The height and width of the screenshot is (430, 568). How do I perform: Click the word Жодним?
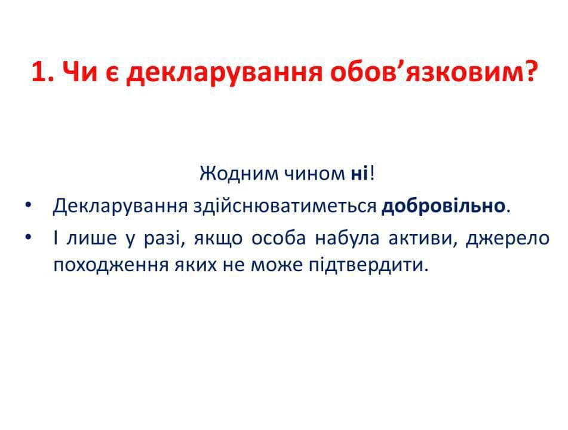(x=240, y=174)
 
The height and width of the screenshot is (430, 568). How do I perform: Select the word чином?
(x=314, y=174)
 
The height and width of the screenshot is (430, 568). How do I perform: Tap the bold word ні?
(x=359, y=174)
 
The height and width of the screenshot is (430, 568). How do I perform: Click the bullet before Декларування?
(x=28, y=205)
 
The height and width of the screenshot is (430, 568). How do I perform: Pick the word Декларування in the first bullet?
(x=120, y=206)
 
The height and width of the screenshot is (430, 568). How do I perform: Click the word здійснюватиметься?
(x=285, y=206)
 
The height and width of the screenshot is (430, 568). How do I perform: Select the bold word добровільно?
(x=443, y=206)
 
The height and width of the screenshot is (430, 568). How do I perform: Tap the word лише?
(x=91, y=238)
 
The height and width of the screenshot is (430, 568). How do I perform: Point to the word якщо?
(x=218, y=239)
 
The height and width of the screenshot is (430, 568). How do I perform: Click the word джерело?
(x=508, y=239)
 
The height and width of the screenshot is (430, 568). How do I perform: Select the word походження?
(x=111, y=265)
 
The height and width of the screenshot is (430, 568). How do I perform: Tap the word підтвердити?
(x=369, y=265)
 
